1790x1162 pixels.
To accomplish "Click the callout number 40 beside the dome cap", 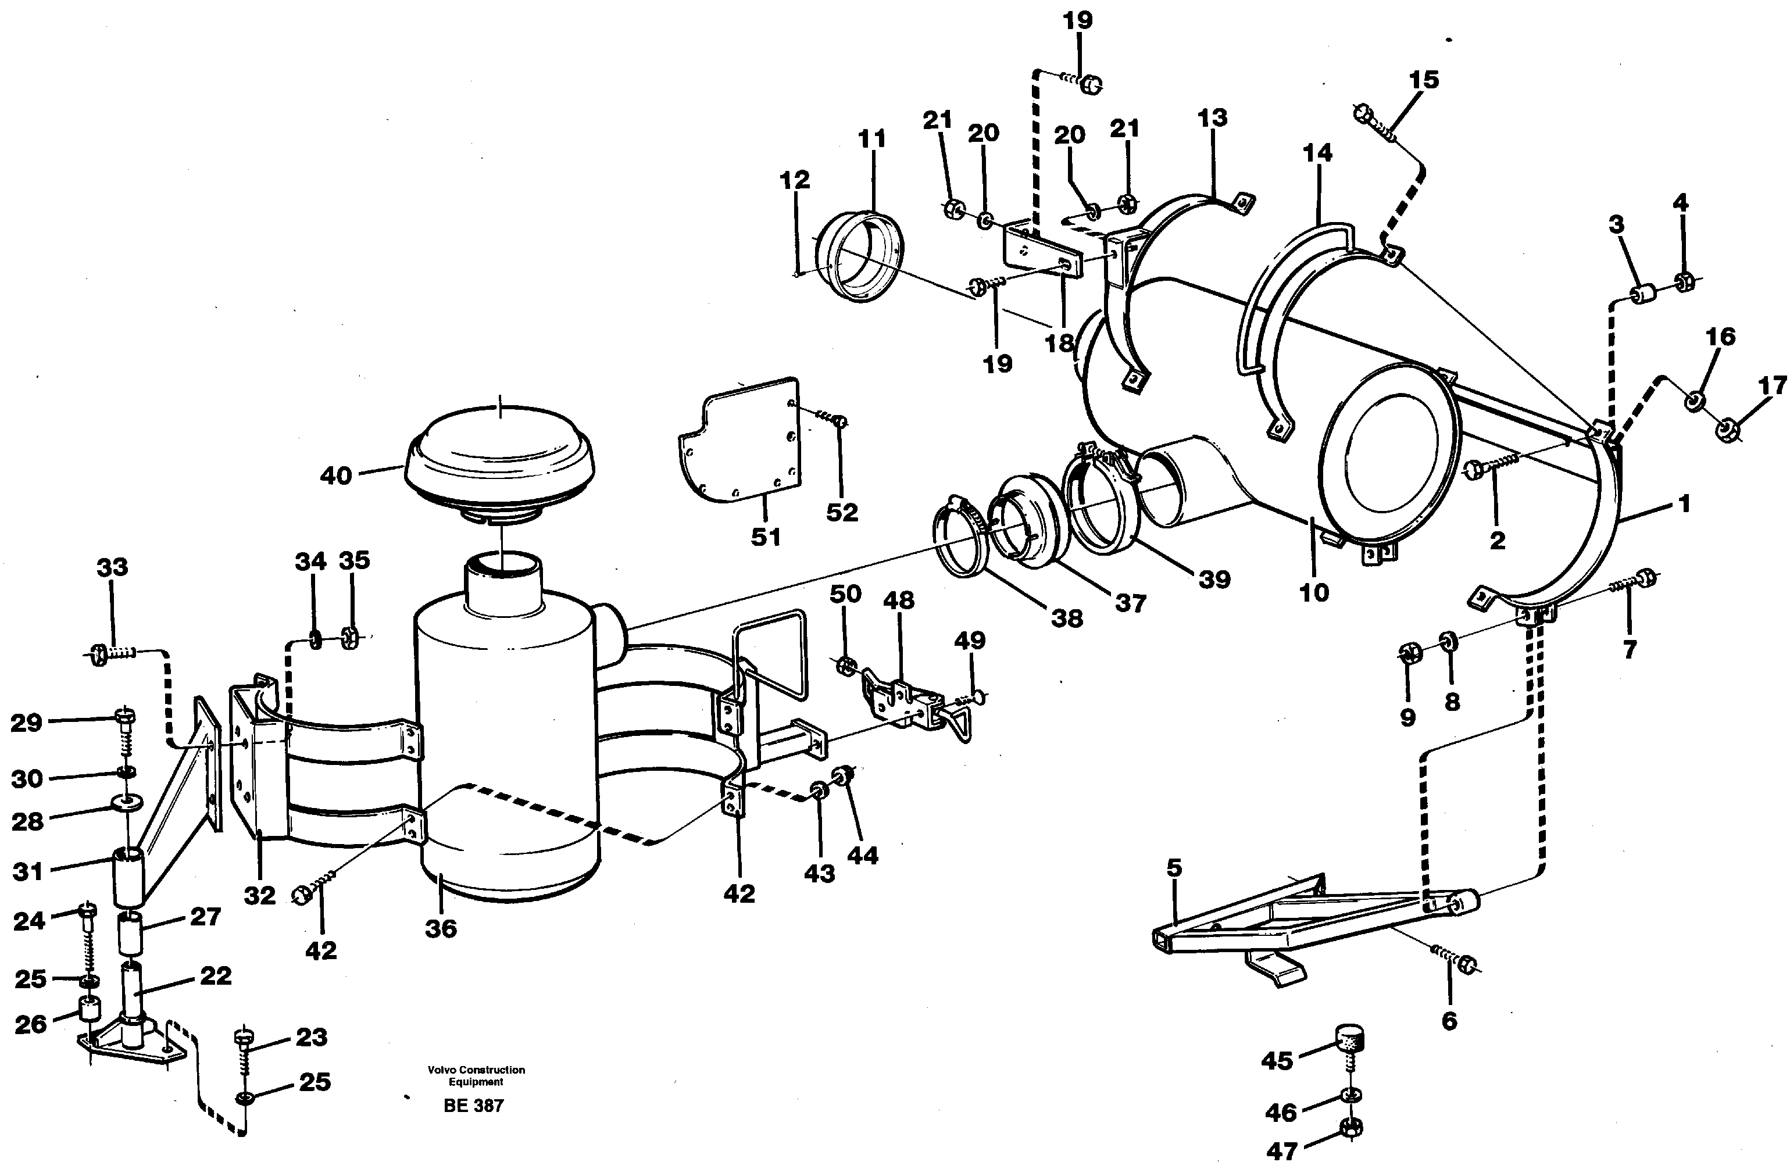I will click(335, 476).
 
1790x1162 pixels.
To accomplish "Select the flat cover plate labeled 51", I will click(745, 444).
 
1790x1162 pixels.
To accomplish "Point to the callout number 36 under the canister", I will click(441, 928).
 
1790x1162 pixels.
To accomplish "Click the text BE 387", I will click(473, 1106).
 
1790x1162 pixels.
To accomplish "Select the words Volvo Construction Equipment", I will click(476, 1075).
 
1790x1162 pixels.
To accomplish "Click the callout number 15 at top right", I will click(1424, 80).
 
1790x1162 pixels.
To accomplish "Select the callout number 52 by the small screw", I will click(842, 512).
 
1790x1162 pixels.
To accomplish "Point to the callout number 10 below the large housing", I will click(1314, 593).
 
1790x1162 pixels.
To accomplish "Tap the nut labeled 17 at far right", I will click(1727, 430).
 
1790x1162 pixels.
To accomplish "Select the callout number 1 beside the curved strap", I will click(1684, 504).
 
